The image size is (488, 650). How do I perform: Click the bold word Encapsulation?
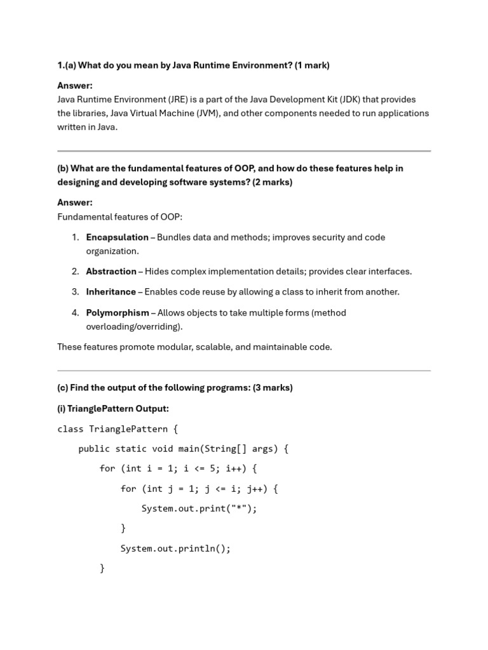(x=117, y=237)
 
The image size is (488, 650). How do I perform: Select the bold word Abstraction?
(x=111, y=272)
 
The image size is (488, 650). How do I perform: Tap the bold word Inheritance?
(x=111, y=292)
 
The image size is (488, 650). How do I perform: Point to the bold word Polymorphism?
(x=118, y=313)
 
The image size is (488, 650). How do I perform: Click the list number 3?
(x=75, y=292)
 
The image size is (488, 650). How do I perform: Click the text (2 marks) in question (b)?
(x=273, y=182)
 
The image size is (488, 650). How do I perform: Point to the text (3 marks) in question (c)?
(x=273, y=388)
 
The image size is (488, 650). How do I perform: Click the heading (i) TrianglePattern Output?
(x=113, y=409)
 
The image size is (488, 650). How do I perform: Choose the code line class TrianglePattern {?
(x=118, y=429)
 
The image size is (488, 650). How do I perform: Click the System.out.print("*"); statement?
(x=199, y=508)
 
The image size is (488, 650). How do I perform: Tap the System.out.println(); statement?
(x=175, y=548)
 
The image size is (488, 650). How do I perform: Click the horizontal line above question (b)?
(x=244, y=151)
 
